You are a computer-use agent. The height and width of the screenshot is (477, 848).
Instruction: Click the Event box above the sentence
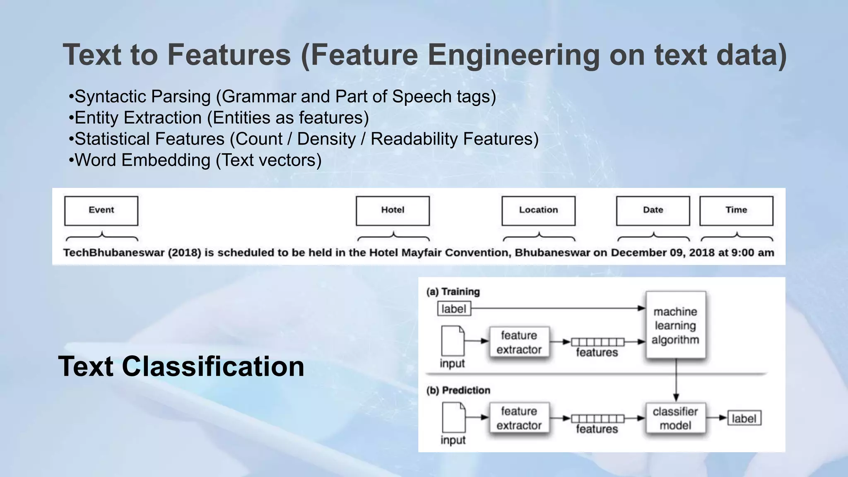[101, 210]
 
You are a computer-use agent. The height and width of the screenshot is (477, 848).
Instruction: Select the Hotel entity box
[393, 210]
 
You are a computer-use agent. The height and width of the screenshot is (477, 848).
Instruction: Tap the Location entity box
[538, 210]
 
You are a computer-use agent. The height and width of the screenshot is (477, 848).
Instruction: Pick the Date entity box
[653, 210]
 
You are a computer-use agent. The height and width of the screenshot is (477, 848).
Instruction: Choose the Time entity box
[736, 210]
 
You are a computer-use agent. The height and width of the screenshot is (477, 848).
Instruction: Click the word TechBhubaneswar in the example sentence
[113, 253]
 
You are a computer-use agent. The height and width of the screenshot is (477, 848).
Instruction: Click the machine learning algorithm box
[675, 325]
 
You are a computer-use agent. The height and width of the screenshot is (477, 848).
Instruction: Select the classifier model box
[675, 419]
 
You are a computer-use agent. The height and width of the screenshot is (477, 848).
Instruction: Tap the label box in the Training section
[454, 309]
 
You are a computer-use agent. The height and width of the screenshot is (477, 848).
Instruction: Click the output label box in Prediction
[744, 419]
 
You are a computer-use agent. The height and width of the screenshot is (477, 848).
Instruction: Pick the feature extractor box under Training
[519, 342]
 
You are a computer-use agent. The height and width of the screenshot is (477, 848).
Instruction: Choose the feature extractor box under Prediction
[519, 418]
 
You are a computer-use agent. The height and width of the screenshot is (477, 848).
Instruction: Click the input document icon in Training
[453, 341]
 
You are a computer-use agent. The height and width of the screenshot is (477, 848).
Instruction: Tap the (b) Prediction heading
[458, 390]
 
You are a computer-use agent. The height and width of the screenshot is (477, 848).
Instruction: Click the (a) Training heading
[453, 292]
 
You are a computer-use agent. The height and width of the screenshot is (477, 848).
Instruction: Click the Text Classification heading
[181, 366]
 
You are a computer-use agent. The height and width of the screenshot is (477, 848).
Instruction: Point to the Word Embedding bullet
[195, 160]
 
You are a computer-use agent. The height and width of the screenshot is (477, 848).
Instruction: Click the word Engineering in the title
[513, 55]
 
